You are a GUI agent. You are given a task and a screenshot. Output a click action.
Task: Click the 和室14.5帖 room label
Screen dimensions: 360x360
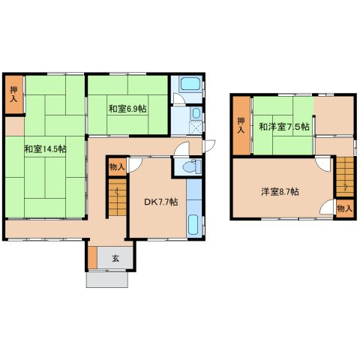pos(45,149)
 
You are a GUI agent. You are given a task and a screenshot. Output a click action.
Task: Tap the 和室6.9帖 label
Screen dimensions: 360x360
pos(127,109)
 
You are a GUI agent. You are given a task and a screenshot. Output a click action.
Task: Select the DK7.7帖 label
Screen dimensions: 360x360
pos(161,202)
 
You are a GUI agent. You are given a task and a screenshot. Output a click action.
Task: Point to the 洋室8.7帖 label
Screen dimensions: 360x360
pos(280,192)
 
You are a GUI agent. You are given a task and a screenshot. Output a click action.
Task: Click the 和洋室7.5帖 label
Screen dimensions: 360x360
pos(284,127)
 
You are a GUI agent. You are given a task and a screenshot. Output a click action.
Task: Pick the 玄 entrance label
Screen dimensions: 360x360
pos(115,258)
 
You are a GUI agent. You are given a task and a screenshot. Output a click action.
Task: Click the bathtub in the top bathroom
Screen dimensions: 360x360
pos(190,83)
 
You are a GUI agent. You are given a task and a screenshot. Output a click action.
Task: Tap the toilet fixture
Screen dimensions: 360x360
pos(192,166)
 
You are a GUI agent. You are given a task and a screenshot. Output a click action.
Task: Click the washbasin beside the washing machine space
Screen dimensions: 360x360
pos(196,114)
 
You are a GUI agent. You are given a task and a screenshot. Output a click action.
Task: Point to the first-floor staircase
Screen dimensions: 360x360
pos(118,197)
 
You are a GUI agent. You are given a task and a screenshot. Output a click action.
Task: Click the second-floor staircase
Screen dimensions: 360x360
pos(345,177)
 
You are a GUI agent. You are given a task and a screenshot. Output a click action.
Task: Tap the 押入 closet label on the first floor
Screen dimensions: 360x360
pos(13,94)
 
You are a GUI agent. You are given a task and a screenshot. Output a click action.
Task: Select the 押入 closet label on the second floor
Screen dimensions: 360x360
pos(241,125)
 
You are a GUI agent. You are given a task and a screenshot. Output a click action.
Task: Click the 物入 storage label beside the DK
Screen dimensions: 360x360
pos(117,167)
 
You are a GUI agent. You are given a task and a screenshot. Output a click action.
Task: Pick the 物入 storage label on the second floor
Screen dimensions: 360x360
pos(345,208)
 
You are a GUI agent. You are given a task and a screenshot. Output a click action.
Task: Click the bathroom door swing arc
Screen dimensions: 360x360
pos(179,97)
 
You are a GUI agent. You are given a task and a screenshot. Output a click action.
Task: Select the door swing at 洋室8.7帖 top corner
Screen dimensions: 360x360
pos(323,163)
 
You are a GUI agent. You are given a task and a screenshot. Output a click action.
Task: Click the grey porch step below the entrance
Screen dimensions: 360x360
pos(107,280)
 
